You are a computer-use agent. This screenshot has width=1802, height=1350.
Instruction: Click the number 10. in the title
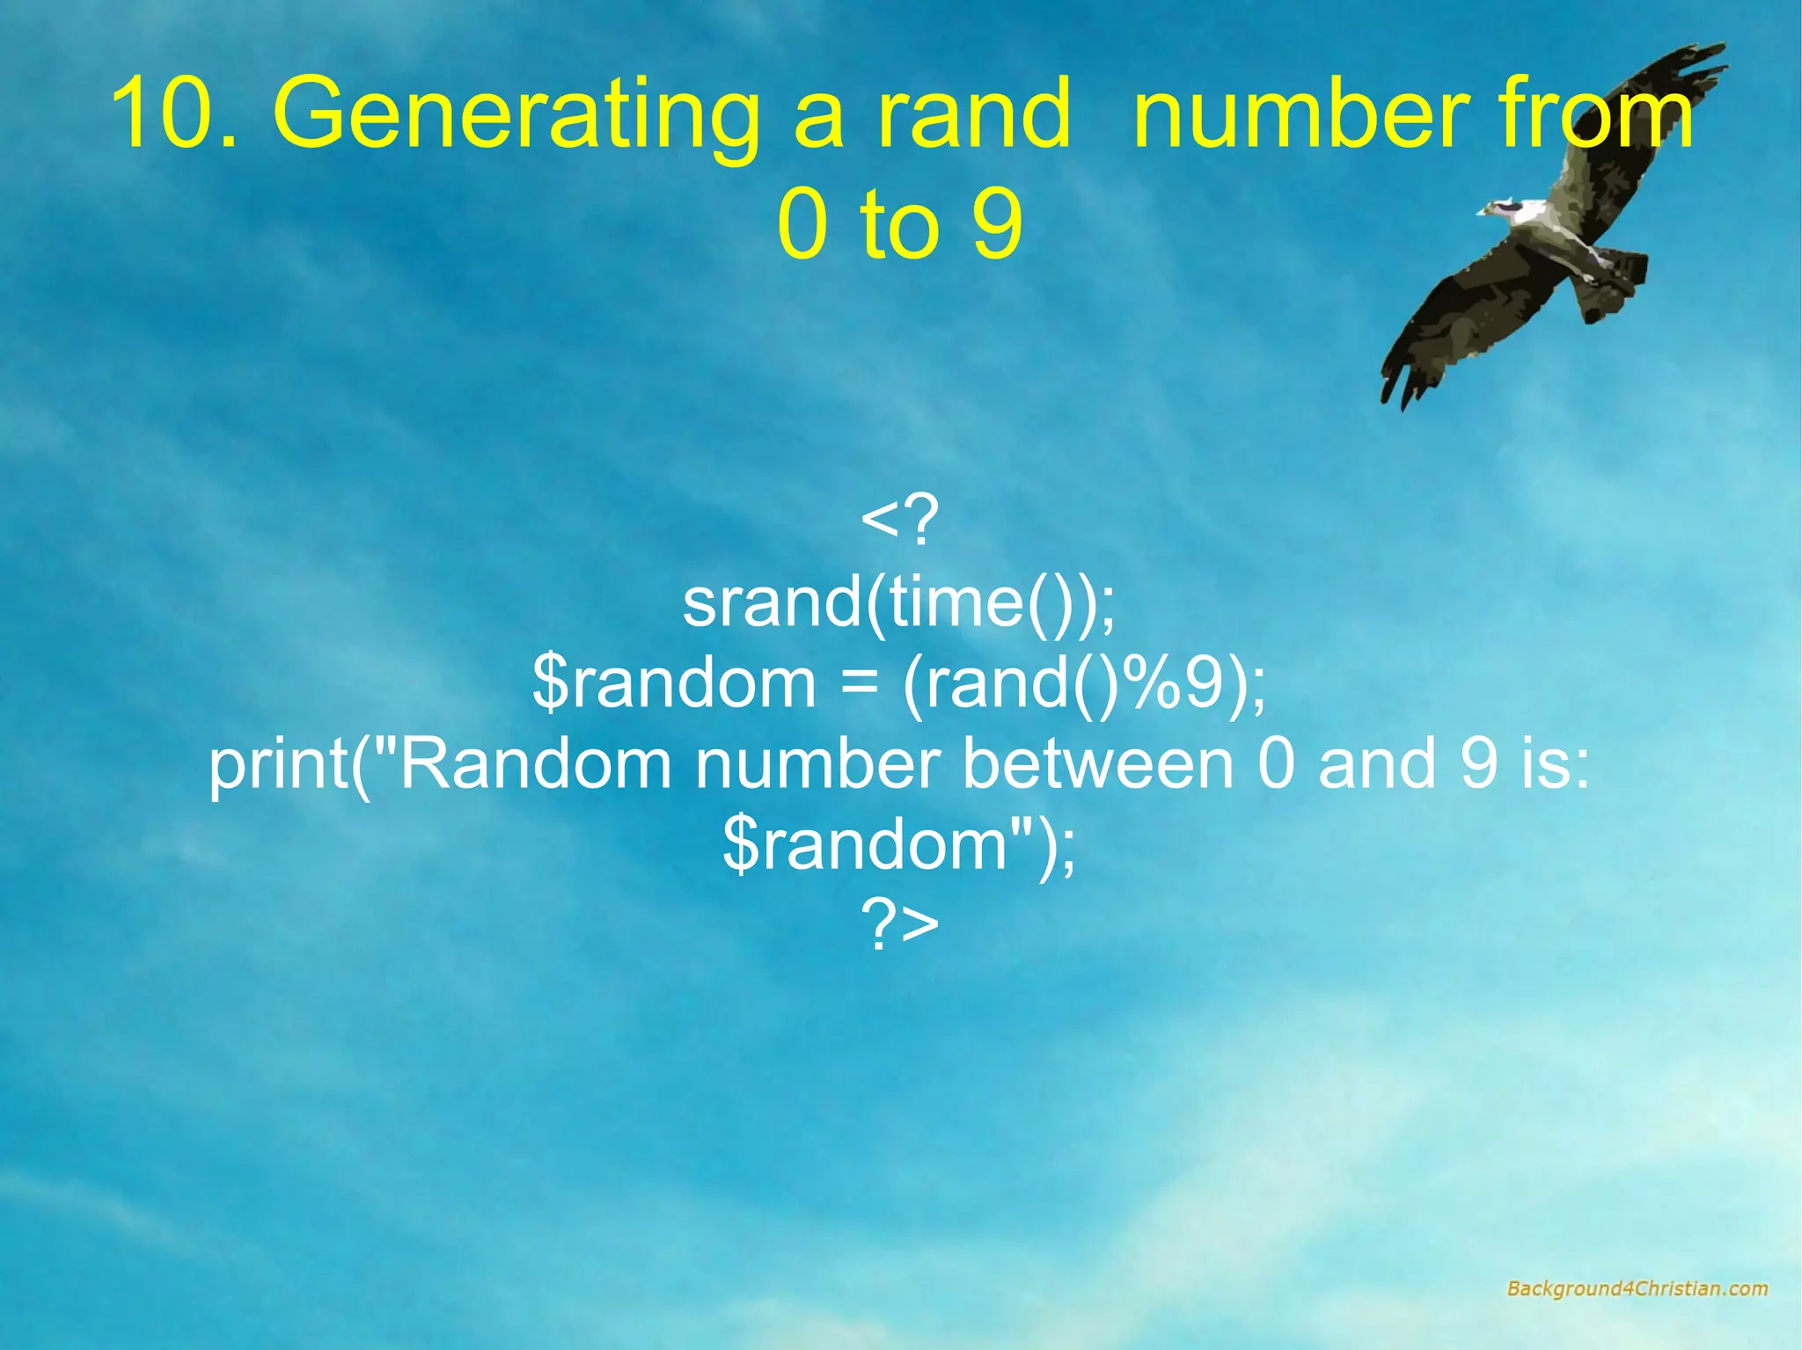click(x=173, y=115)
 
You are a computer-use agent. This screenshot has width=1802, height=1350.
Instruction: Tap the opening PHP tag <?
click(x=899, y=521)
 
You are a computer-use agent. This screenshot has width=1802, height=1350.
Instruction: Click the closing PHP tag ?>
click(x=899, y=925)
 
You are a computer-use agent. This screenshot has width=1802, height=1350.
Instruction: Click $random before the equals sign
click(x=674, y=683)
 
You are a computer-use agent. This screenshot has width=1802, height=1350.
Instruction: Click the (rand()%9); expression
click(x=1084, y=683)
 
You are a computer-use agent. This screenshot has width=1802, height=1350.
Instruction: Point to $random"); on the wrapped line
click(x=899, y=844)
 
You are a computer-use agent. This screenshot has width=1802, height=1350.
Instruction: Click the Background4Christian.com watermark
click(x=1637, y=1289)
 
